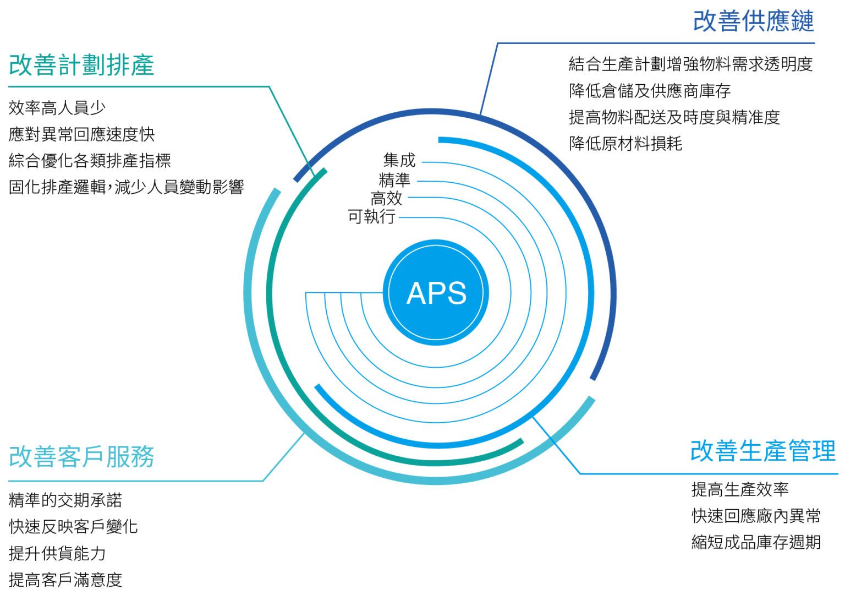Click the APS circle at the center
coord(436,292)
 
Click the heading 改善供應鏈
coord(753,21)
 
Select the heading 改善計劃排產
coord(81,65)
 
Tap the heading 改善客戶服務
coord(81,456)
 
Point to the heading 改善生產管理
coord(762,451)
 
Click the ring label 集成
coord(399,160)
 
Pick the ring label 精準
coord(394,179)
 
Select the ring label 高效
coord(387,198)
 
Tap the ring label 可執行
coord(371,216)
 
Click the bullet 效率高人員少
coord(57,108)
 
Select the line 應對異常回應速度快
coord(81,134)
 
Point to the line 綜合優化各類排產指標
coord(90,161)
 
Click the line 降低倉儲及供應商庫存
coord(649,91)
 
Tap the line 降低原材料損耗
coord(625,144)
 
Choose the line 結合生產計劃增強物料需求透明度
coord(690,64)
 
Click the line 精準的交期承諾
coord(65,500)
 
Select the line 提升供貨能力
coord(57,553)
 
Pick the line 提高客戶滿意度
coord(65,580)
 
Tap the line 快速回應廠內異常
coord(756,516)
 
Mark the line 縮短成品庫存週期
coord(756,542)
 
